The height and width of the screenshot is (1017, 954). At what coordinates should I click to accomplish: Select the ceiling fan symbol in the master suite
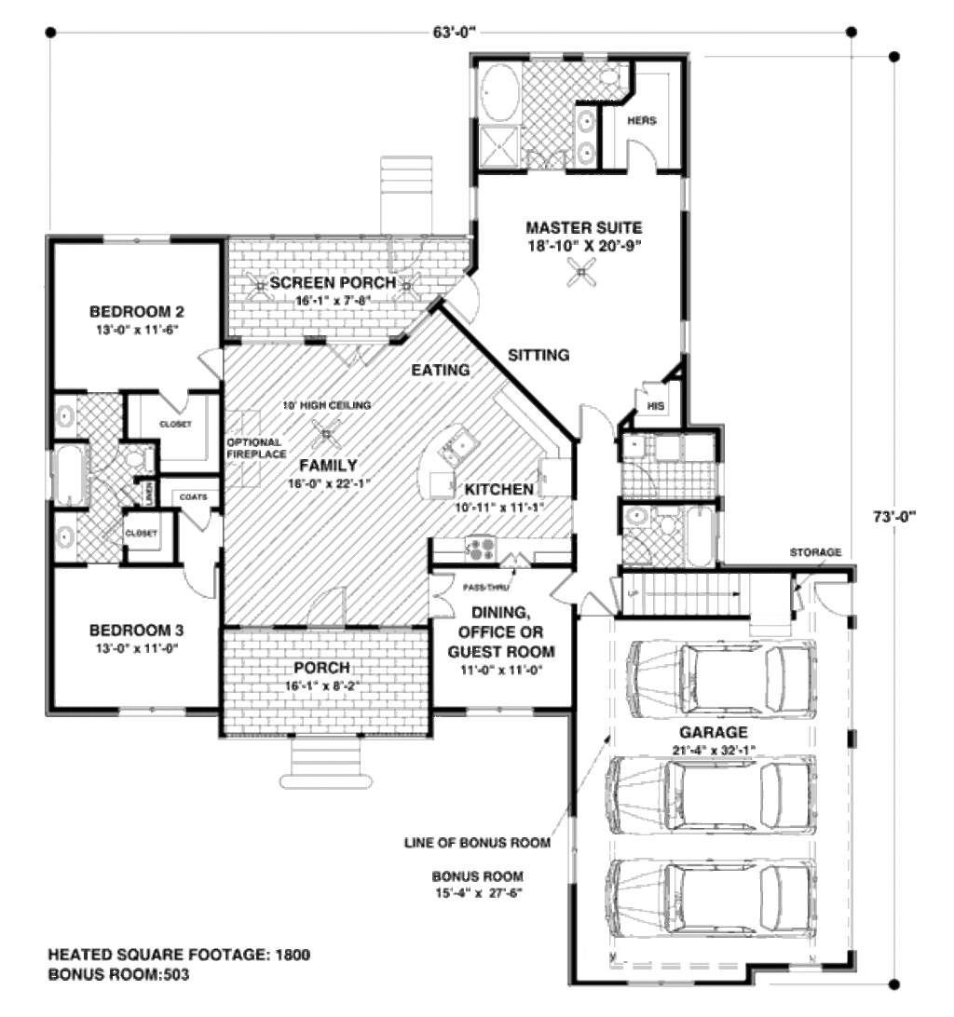(x=584, y=273)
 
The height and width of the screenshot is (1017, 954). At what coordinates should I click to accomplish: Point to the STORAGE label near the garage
(x=815, y=552)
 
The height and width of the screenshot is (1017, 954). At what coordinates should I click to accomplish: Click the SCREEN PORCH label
(x=332, y=283)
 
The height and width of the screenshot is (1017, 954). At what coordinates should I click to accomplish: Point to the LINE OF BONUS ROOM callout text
(x=477, y=843)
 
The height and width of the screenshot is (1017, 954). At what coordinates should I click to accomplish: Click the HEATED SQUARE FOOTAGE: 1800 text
(x=179, y=956)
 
